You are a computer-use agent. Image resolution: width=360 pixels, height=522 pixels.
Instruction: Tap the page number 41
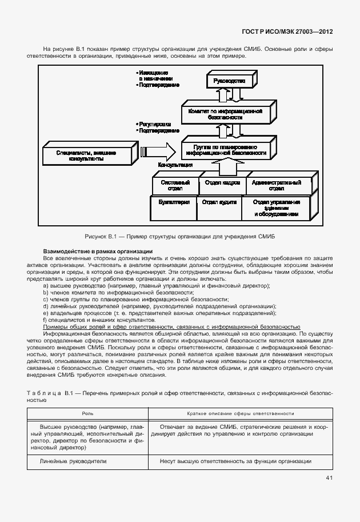tap(329, 479)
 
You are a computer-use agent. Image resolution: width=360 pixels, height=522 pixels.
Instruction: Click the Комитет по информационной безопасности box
tap(224, 113)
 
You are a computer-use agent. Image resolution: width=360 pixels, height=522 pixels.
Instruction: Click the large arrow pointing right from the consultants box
tap(158, 152)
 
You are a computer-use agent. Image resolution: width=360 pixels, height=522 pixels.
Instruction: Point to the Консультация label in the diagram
tap(175, 165)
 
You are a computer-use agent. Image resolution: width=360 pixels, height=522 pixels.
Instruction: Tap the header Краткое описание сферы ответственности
tap(232, 413)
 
